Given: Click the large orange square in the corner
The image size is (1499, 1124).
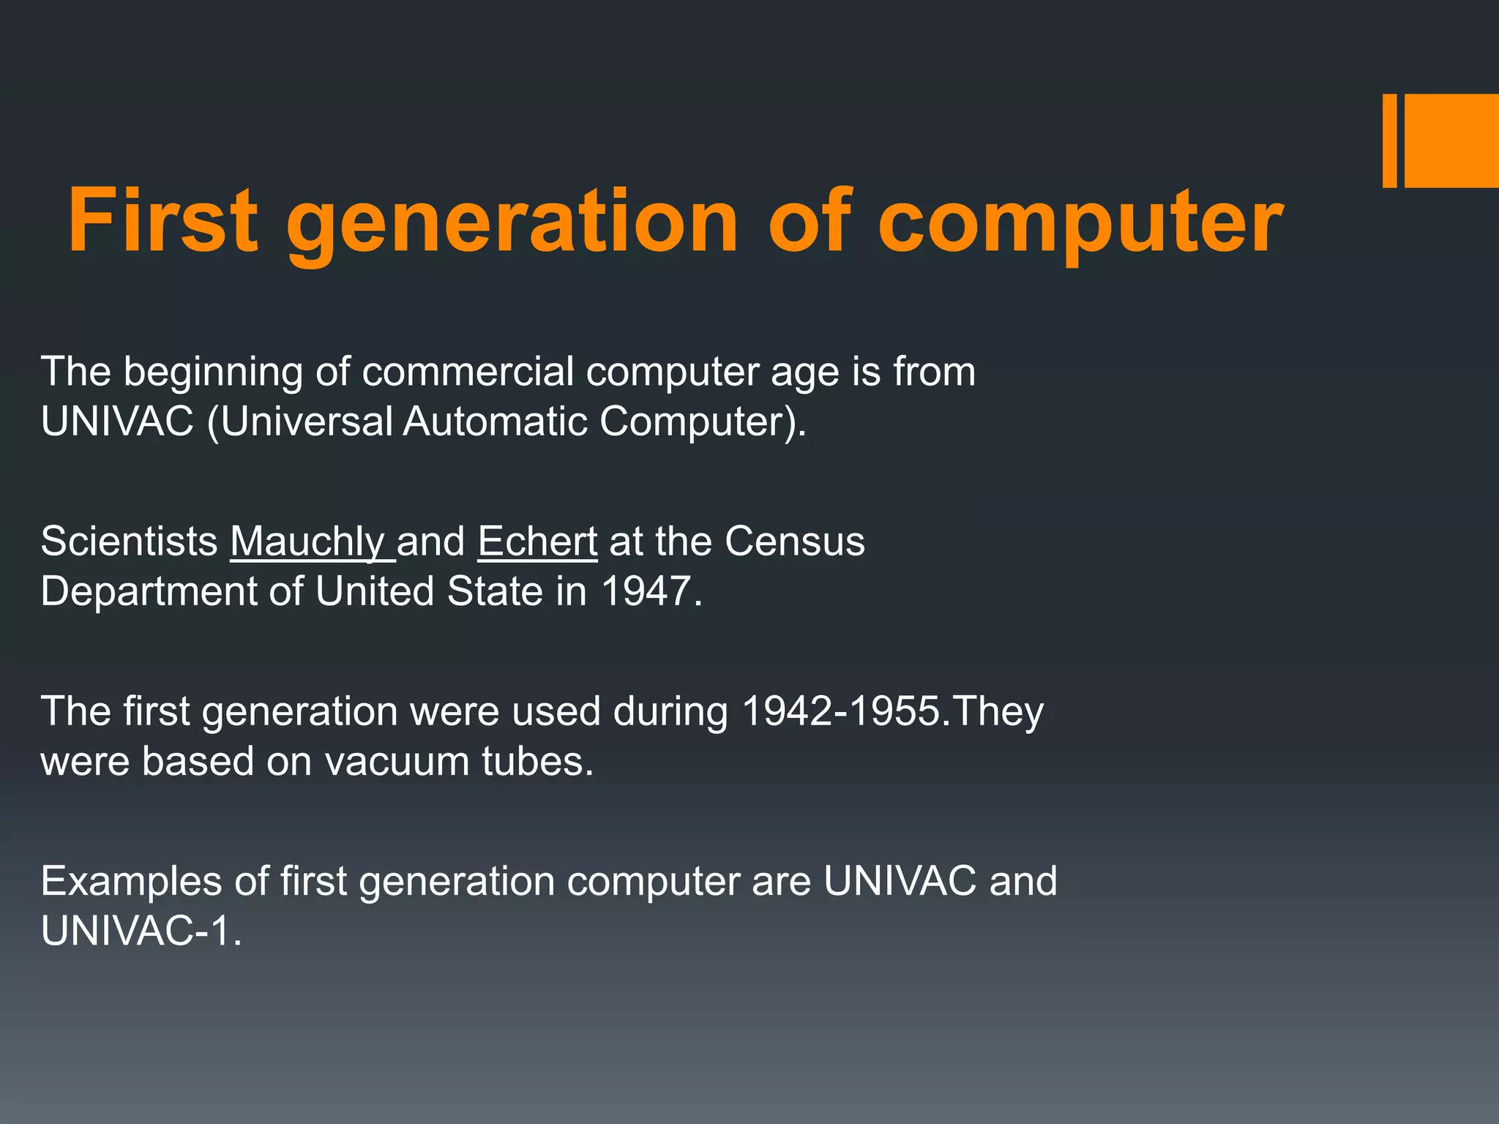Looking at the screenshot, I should coord(1451,140).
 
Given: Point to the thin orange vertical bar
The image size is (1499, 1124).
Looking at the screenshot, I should coord(1389,140).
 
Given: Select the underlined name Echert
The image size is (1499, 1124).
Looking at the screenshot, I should coord(537,542).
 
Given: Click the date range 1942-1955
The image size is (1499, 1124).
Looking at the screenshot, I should coord(840,711).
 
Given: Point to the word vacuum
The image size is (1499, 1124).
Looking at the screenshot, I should coord(397,762).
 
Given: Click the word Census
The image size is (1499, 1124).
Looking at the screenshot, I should coord(795,542).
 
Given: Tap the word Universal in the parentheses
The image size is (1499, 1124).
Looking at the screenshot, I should coord(307,422).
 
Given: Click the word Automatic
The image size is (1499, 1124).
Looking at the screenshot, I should coord(495,422).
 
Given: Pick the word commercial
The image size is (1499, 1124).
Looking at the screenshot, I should coord(468,372).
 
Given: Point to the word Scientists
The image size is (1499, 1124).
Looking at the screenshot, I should coord(129,542).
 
